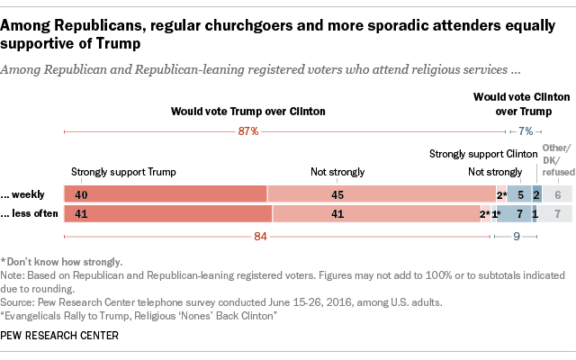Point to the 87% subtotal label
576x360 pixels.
pyautogui.click(x=248, y=131)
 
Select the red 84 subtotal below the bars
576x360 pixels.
pyautogui.click(x=259, y=238)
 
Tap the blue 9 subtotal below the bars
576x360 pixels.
pyautogui.click(x=517, y=238)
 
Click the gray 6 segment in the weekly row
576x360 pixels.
pyautogui.click(x=558, y=193)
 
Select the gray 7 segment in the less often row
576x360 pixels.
pyautogui.click(x=558, y=215)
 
